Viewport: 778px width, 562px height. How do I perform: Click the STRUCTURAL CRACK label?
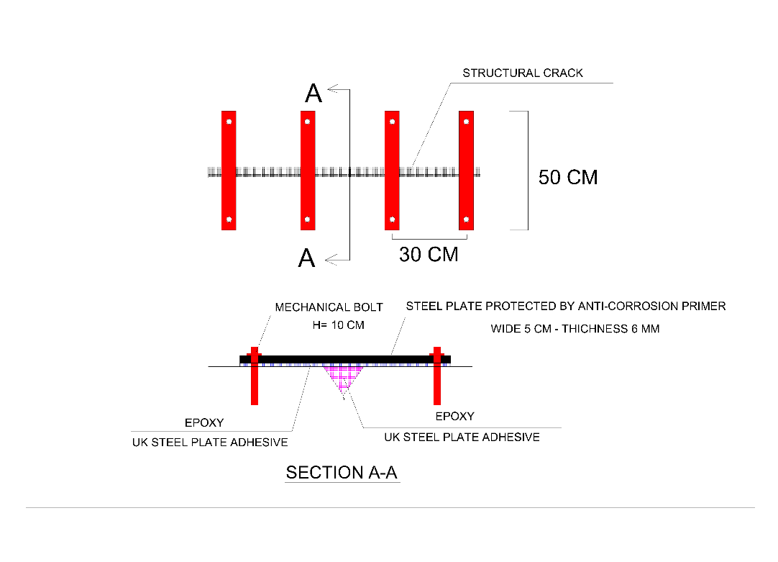coord(523,73)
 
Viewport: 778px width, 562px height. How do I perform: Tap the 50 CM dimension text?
coord(568,177)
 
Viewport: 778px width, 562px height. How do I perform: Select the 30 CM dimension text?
coord(429,254)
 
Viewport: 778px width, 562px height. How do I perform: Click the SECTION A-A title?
coord(342,472)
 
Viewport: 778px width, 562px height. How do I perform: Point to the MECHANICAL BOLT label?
coord(329,307)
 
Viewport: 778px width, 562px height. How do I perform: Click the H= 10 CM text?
coord(339,325)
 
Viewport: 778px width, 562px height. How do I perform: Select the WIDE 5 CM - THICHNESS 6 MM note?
coord(575,329)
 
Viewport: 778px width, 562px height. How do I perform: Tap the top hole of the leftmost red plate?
coord(229,122)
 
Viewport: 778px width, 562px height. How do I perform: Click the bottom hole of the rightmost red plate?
coord(467,219)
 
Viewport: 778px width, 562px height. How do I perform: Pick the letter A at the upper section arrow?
coord(314,94)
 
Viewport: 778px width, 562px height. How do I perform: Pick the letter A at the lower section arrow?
coord(306,258)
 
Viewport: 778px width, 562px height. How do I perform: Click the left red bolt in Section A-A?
coord(255,376)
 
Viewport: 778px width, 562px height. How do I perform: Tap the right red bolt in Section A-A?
coord(437,376)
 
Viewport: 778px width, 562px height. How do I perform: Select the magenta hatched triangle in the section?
coord(343,376)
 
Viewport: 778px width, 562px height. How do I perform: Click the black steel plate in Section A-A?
coord(345,360)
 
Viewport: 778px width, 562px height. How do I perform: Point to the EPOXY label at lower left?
coord(204,422)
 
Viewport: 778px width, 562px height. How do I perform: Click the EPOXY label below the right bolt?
coord(455,416)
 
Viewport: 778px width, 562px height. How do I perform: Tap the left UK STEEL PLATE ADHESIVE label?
coord(210,443)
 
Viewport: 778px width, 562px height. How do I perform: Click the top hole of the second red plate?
coord(308,122)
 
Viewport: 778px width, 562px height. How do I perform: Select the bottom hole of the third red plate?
coord(392,219)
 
